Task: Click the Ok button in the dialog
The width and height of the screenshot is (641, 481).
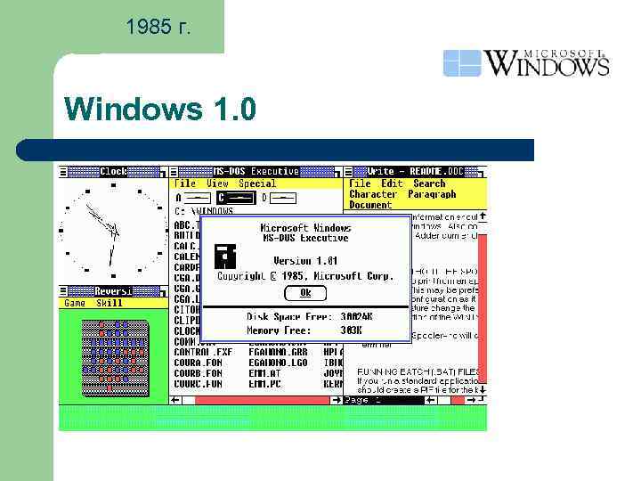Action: click(x=305, y=293)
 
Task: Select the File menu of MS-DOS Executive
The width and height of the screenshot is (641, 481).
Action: click(x=184, y=183)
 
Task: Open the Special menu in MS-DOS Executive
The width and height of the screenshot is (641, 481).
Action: click(x=257, y=183)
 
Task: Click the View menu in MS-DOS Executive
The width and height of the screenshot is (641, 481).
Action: click(x=217, y=183)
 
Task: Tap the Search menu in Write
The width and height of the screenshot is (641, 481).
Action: click(x=429, y=183)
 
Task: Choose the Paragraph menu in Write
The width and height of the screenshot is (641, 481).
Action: click(x=432, y=194)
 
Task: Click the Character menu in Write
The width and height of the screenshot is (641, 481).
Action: click(x=373, y=194)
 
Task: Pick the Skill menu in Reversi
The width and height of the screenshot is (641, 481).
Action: click(x=110, y=303)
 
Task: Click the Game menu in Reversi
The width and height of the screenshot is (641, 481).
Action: click(x=75, y=303)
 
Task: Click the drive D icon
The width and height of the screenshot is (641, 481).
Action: click(x=264, y=197)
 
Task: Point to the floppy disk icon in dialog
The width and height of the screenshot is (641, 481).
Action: click(x=226, y=257)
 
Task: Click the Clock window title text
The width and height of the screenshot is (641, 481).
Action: click(x=113, y=171)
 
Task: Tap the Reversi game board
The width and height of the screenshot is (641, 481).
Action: click(x=113, y=355)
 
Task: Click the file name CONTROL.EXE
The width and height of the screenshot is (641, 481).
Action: click(x=203, y=352)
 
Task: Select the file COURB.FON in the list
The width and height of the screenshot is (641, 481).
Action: click(x=199, y=373)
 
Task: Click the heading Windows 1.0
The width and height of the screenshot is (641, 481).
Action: click(x=160, y=110)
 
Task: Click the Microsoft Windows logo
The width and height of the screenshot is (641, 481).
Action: click(x=525, y=62)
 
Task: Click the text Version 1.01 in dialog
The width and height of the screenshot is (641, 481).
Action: click(x=304, y=261)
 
